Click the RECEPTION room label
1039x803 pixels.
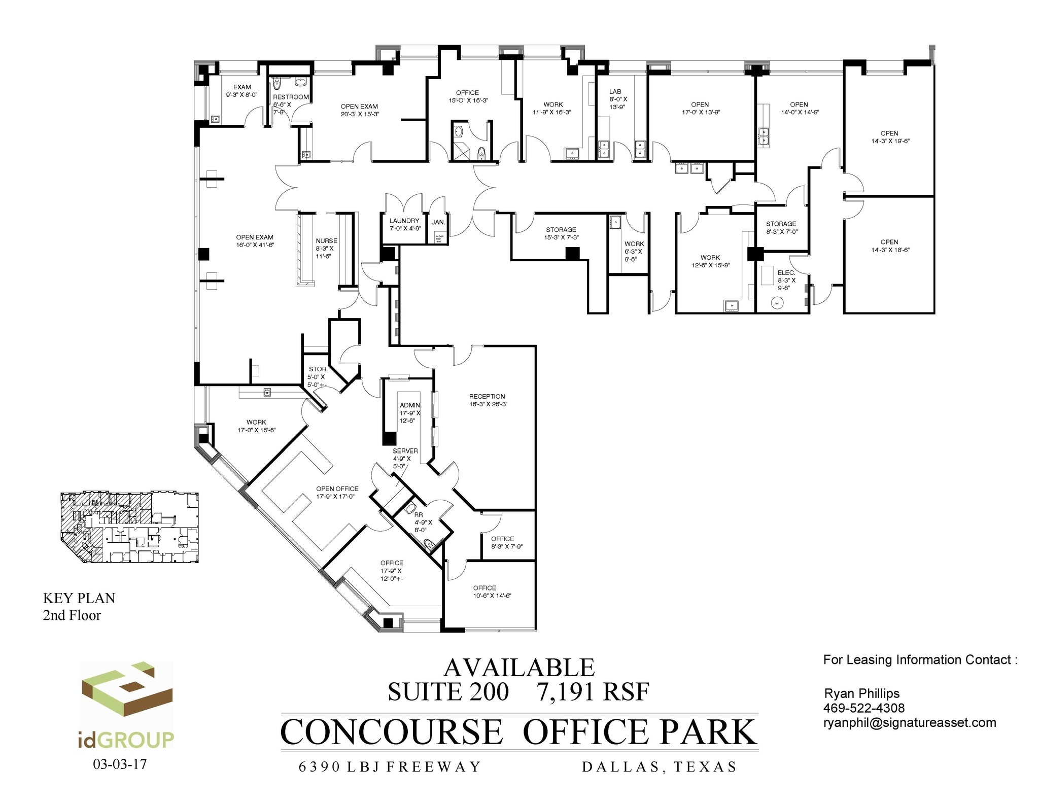tap(487, 396)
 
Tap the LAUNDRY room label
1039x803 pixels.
tap(404, 221)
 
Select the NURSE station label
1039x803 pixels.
tap(326, 241)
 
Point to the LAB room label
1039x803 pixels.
tap(615, 92)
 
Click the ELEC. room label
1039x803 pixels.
tap(786, 273)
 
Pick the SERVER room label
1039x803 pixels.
tap(405, 451)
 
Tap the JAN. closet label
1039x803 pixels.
tap(438, 222)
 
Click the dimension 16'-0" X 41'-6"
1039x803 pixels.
tap(255, 245)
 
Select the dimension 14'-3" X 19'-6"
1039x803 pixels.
tap(890, 141)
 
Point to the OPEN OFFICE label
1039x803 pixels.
tap(337, 488)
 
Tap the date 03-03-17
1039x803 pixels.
tap(120, 764)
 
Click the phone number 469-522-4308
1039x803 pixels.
tap(863, 708)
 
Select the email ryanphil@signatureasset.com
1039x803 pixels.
tap(909, 722)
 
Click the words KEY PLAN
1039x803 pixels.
tap(79, 598)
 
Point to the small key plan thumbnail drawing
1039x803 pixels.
tap(129, 527)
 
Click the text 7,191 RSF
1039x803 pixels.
tap(593, 692)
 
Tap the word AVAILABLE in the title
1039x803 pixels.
tap(518, 668)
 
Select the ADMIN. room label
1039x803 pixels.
tap(410, 405)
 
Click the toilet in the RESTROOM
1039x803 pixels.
tap(277, 83)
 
